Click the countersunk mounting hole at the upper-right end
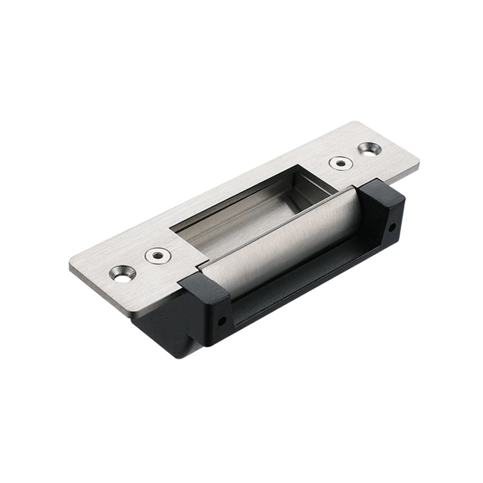tap(370, 149)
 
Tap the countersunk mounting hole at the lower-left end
tap(122, 273)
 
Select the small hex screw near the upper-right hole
tap(341, 163)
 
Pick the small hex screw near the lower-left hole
tap(158, 256)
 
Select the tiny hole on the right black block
tap(392, 227)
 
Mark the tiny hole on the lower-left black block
tap(222, 319)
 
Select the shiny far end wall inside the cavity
tap(316, 183)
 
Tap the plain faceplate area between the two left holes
tap(140, 265)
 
